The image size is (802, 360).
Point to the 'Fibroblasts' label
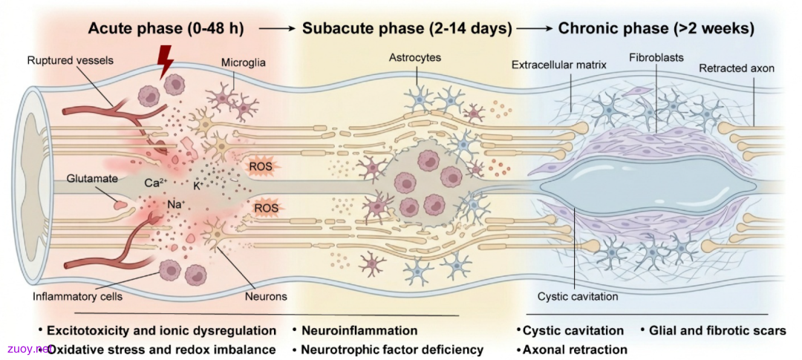pyautogui.click(x=656, y=57)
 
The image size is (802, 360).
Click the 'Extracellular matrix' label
pyautogui.click(x=560, y=65)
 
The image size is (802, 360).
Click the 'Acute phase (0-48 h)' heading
pyautogui.click(x=166, y=29)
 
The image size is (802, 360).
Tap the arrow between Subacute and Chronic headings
pyautogui.click(x=534, y=29)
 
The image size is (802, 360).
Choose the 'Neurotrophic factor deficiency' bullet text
pyautogui.click(x=392, y=350)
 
